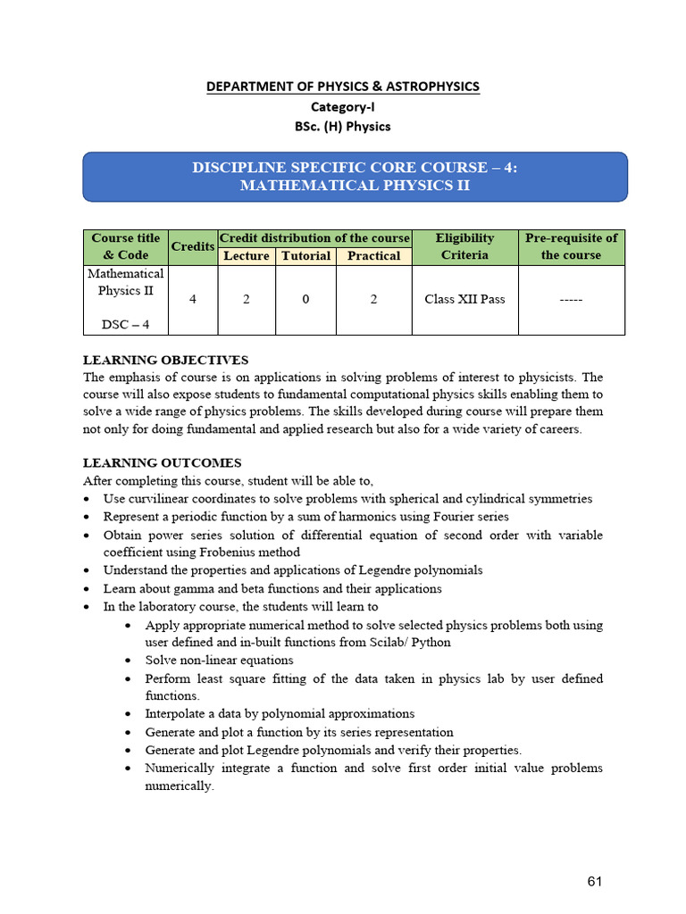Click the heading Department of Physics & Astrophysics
pyautogui.click(x=343, y=87)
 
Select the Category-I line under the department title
pyautogui.click(x=343, y=106)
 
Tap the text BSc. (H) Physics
pyautogui.click(x=343, y=126)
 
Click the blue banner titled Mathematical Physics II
pyautogui.click(x=355, y=177)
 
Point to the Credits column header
pyautogui.click(x=193, y=246)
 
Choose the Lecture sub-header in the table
pyautogui.click(x=247, y=256)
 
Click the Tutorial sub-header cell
pyautogui.click(x=305, y=256)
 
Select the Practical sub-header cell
pyautogui.click(x=373, y=256)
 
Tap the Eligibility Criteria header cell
pyautogui.click(x=464, y=246)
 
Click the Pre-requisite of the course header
pyautogui.click(x=571, y=246)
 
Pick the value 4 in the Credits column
pyautogui.click(x=193, y=300)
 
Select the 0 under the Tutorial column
pyautogui.click(x=305, y=300)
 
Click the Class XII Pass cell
pyautogui.click(x=464, y=300)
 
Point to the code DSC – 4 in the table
pyautogui.click(x=125, y=324)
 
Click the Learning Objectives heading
pyautogui.click(x=165, y=361)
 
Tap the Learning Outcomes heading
pyautogui.click(x=162, y=463)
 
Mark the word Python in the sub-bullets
pyautogui.click(x=432, y=643)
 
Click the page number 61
pyautogui.click(x=595, y=882)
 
